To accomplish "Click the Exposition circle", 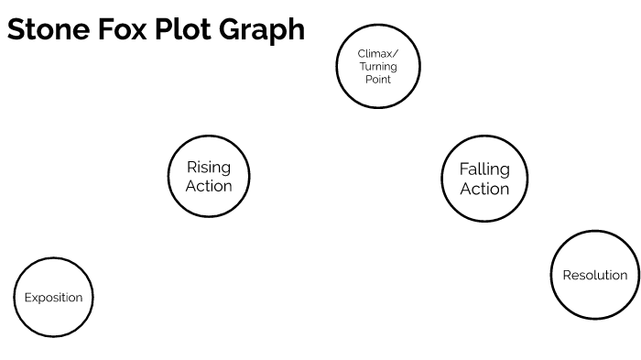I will (54, 297).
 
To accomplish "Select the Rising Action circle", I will (209, 176).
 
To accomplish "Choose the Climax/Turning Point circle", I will (377, 66).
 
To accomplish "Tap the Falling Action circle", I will (484, 179).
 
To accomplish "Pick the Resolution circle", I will (595, 275).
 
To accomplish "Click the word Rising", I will (209, 167).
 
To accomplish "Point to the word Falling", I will (484, 169).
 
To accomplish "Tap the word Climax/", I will (377, 54).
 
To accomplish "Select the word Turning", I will (377, 67).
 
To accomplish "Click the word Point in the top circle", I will (377, 80).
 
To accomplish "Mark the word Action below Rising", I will (209, 186).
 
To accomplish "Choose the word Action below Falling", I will (484, 190).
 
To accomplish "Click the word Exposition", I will (54, 298).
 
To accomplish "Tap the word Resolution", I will (595, 275).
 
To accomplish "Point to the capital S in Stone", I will (16, 29).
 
